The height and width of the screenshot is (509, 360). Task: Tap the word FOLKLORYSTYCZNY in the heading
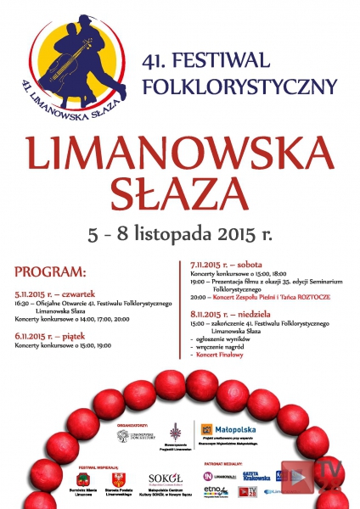(x=240, y=86)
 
